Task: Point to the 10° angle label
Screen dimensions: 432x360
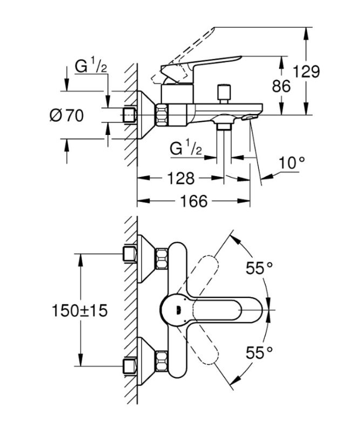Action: [292, 162]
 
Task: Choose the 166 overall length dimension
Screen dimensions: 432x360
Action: [194, 201]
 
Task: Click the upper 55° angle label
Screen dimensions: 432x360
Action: [259, 267]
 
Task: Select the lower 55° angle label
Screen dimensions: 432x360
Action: [259, 353]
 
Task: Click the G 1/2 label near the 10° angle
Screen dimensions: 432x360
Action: [186, 148]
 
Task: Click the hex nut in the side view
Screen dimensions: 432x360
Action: [162, 115]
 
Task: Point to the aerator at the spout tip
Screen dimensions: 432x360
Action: [249, 116]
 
